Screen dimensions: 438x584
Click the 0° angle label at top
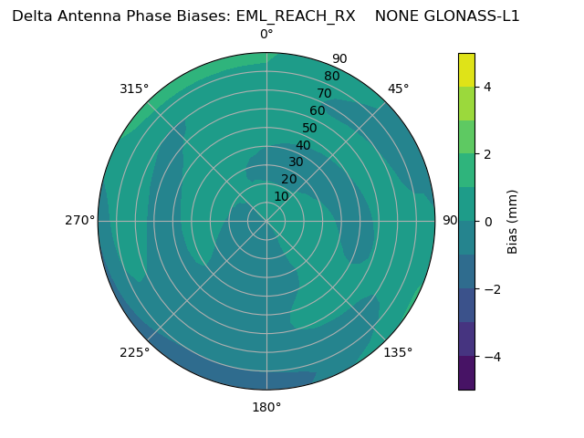click(266, 35)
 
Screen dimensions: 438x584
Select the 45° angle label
click(399, 89)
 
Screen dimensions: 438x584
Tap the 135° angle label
click(398, 352)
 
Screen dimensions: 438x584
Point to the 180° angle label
click(266, 407)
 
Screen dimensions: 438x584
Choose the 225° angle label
click(134, 353)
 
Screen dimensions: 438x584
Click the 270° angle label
click(81, 220)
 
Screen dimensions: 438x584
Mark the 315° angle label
click(134, 89)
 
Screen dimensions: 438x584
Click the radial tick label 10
click(281, 196)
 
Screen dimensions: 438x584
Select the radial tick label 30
click(296, 162)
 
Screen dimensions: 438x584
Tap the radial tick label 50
click(310, 129)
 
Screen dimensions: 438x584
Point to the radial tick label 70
click(325, 93)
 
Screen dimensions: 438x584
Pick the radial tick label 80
click(332, 77)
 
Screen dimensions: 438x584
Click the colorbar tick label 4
click(487, 87)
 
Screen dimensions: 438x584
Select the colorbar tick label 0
click(487, 222)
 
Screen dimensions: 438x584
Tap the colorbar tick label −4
click(491, 356)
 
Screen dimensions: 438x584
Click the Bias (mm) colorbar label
click(513, 222)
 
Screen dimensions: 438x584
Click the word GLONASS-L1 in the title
click(473, 16)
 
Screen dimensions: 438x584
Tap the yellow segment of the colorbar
click(466, 70)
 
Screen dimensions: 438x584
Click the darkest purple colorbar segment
click(466, 372)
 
